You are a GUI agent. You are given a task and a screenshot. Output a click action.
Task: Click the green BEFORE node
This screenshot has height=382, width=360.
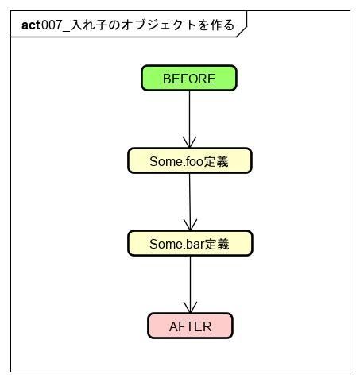[x=189, y=79]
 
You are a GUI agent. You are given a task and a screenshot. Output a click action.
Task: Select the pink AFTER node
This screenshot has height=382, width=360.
[x=190, y=326]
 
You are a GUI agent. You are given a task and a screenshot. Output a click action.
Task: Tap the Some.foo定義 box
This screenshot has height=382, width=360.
[x=189, y=160]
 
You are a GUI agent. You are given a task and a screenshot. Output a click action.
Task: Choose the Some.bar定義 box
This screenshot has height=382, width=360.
[x=189, y=244]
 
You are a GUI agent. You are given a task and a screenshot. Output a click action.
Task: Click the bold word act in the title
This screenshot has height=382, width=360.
[x=31, y=25]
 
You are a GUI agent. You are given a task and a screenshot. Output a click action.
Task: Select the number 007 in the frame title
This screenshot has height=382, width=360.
[x=52, y=25]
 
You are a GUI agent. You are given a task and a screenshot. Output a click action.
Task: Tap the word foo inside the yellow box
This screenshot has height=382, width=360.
[x=194, y=161]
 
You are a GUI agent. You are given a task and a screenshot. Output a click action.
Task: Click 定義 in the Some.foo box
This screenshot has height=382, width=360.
[x=217, y=161]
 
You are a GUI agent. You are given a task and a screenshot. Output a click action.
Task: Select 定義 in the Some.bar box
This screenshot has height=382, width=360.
[x=217, y=244]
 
